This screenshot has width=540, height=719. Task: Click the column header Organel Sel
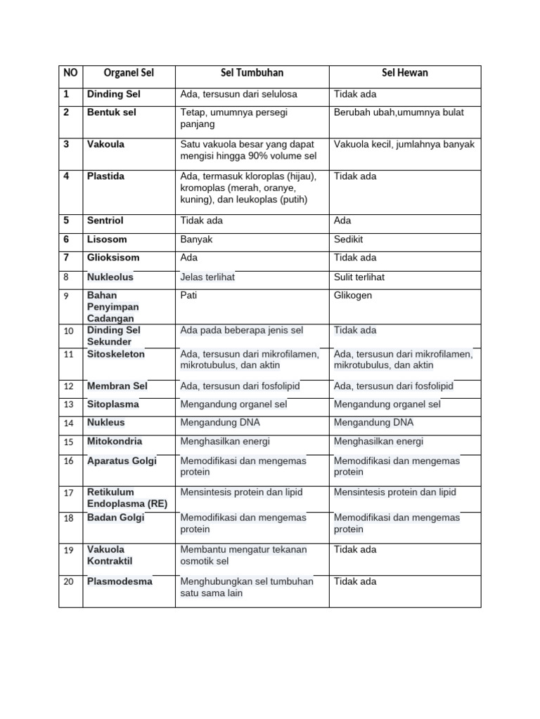(129, 73)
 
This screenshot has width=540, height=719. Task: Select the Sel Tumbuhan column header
(252, 73)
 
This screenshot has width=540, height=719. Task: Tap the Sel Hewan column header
(404, 73)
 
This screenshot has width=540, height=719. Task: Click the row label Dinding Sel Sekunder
(113, 336)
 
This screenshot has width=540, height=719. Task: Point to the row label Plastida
(105, 176)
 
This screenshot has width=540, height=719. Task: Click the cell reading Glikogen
(353, 296)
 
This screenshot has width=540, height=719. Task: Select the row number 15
(68, 442)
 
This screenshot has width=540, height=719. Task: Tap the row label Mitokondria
(114, 442)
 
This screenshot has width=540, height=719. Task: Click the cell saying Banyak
(196, 239)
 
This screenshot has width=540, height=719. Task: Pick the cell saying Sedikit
(350, 239)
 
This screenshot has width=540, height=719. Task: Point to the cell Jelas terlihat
(207, 277)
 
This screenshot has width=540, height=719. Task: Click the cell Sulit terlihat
(359, 277)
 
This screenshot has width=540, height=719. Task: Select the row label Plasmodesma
(120, 581)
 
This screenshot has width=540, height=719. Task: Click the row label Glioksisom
(113, 258)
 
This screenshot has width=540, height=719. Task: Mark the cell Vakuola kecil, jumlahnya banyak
(404, 145)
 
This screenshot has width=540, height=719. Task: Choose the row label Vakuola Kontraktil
(109, 555)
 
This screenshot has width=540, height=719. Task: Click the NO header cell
(70, 73)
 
